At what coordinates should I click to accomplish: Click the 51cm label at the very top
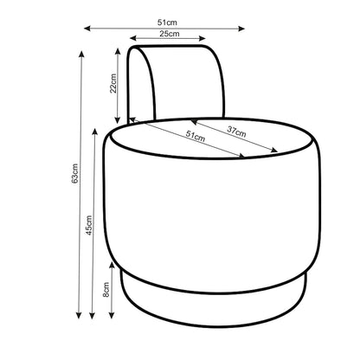167,22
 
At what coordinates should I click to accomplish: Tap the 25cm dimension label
170,34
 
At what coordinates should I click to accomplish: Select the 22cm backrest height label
113,83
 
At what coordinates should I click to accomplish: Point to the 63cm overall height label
74,174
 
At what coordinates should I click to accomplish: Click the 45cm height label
89,225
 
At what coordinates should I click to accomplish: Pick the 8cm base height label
106,290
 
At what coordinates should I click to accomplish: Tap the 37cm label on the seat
236,132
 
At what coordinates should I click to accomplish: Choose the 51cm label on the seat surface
196,136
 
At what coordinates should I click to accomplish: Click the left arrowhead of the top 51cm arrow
87,29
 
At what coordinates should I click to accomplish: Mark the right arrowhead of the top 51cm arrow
241,29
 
